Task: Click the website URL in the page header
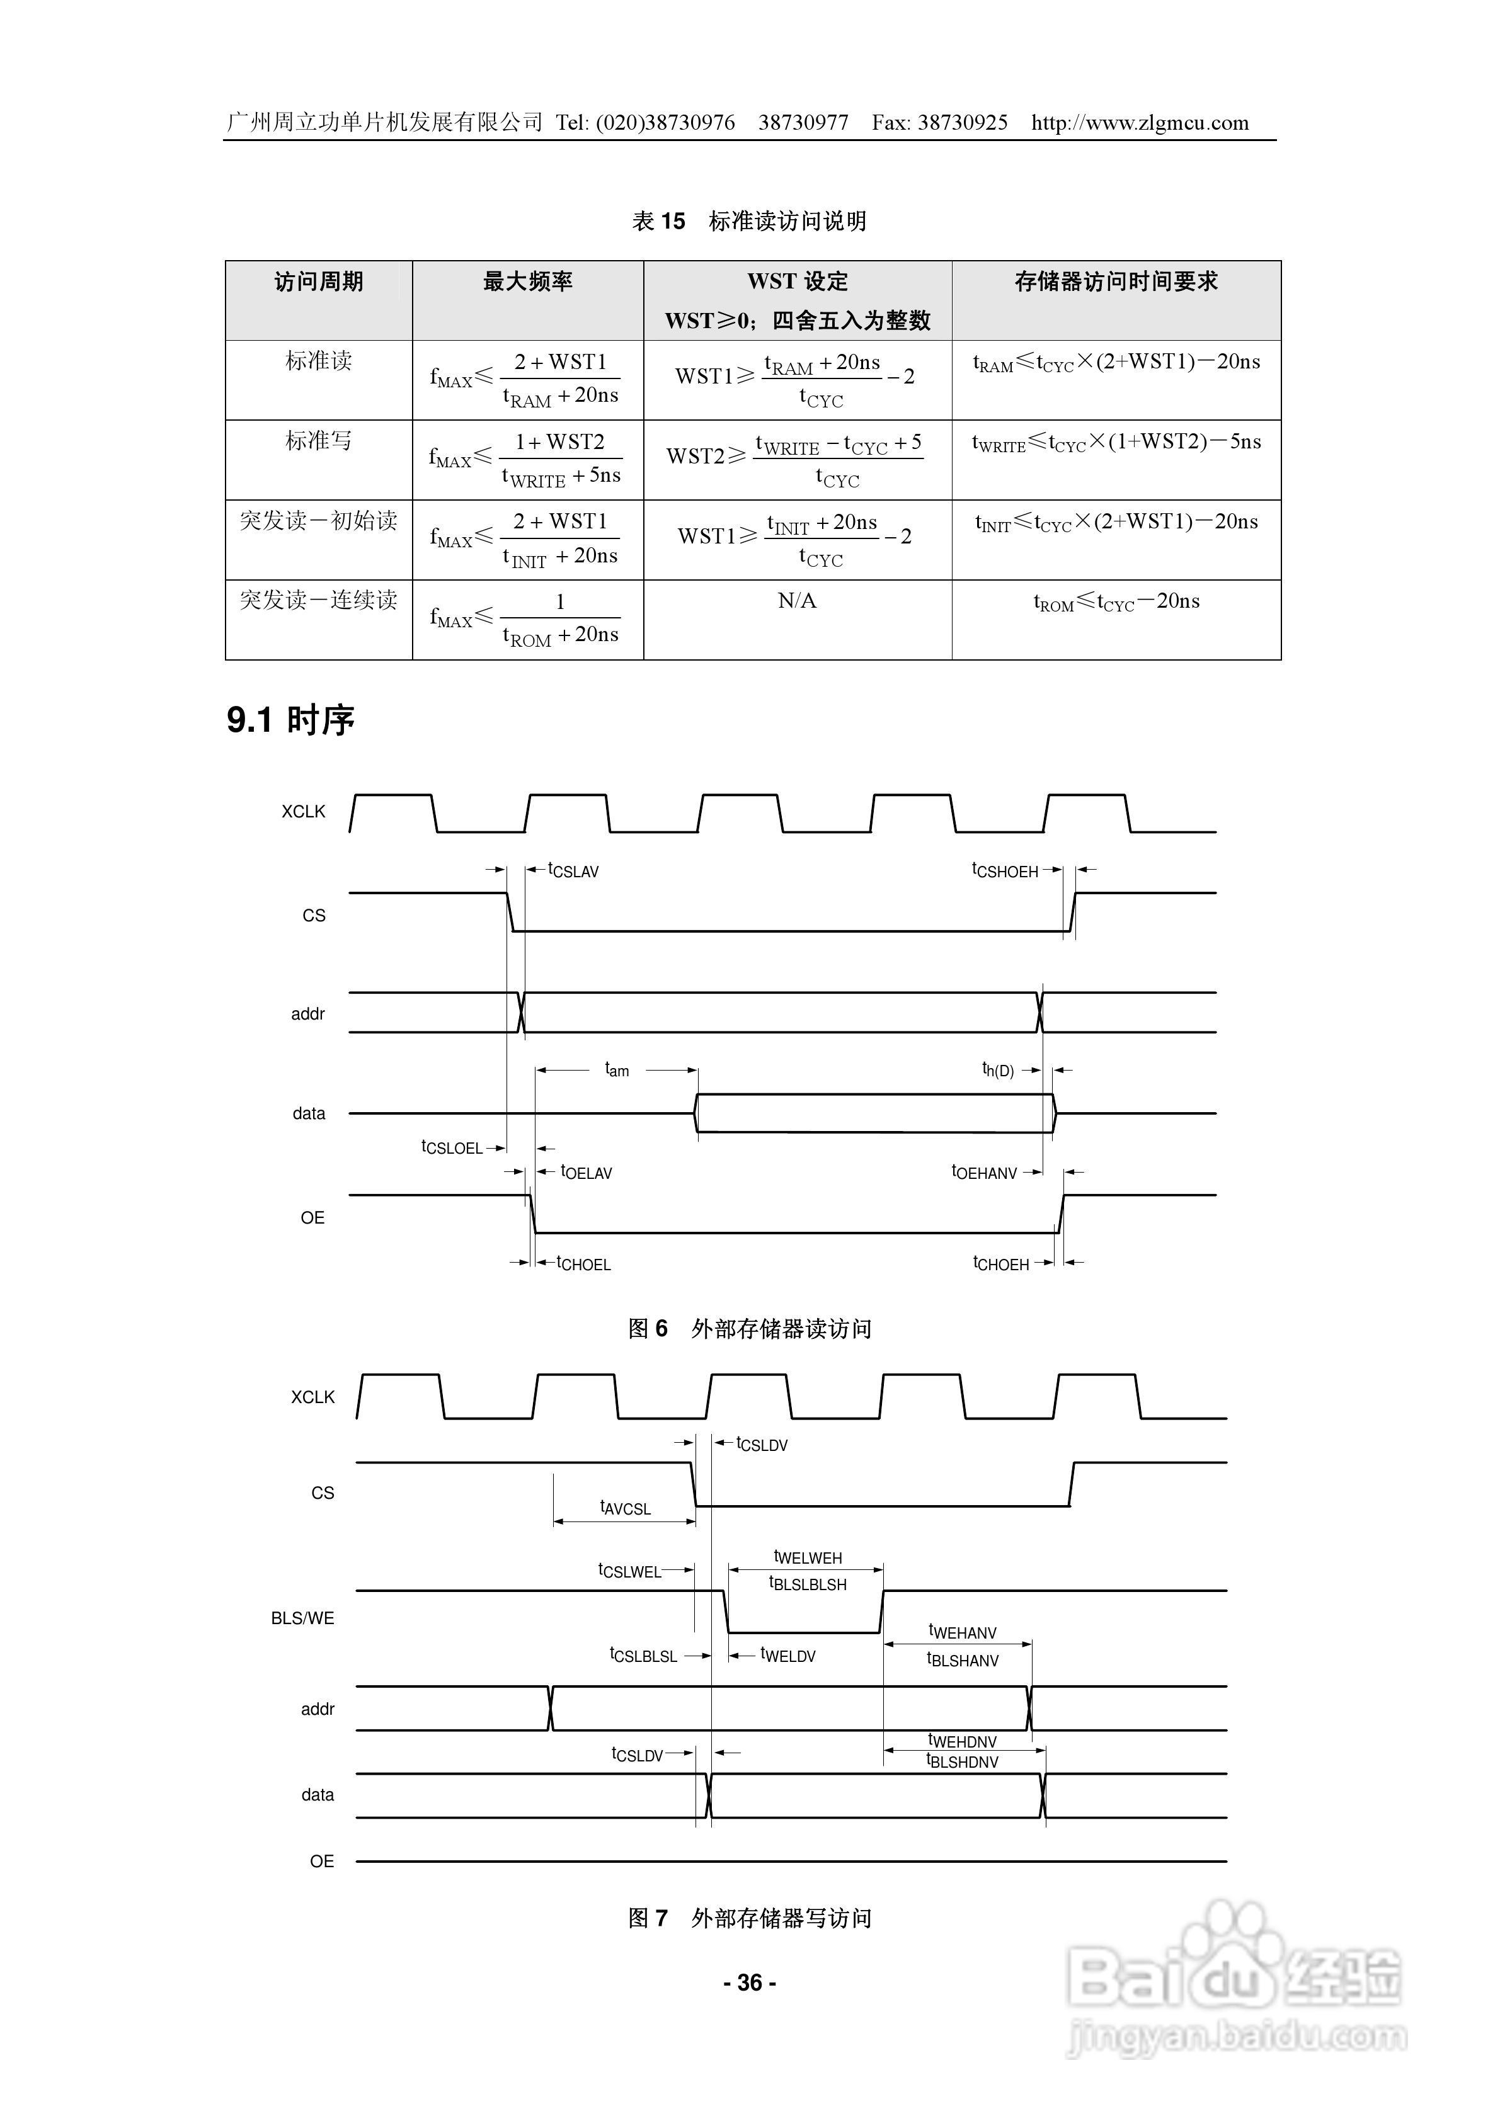[x=1140, y=123]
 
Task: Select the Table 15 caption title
[x=750, y=221]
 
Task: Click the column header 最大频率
[x=528, y=281]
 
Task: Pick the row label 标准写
[x=319, y=441]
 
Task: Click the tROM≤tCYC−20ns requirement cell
[x=1116, y=602]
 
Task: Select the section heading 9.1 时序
[x=290, y=720]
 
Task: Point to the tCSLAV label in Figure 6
[x=573, y=870]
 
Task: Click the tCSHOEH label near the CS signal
[x=1005, y=870]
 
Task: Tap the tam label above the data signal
[x=617, y=1070]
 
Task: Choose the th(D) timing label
[x=997, y=1071]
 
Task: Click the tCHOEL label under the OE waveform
[x=583, y=1264]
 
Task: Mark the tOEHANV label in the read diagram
[x=984, y=1172]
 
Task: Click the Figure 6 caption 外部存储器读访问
[x=750, y=1328]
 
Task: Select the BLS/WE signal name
[x=302, y=1618]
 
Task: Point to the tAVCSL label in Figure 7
[x=626, y=1508]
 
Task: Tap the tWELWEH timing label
[x=808, y=1557]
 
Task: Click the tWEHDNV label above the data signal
[x=962, y=1741]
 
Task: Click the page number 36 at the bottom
[x=750, y=1982]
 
